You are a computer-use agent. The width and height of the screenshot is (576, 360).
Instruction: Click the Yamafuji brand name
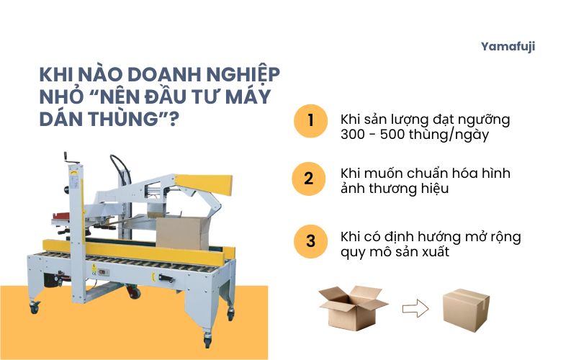click(508, 47)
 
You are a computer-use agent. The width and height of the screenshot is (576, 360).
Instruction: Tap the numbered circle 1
click(310, 120)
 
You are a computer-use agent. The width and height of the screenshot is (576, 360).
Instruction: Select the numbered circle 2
click(310, 179)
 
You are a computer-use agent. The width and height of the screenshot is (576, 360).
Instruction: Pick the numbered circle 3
click(310, 240)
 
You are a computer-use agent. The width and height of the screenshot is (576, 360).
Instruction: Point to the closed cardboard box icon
click(466, 307)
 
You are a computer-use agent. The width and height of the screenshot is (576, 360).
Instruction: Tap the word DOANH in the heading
click(148, 75)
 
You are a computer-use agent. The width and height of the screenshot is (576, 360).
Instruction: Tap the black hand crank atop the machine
click(71, 156)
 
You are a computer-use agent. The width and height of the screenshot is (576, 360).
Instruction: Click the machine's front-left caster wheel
click(34, 307)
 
